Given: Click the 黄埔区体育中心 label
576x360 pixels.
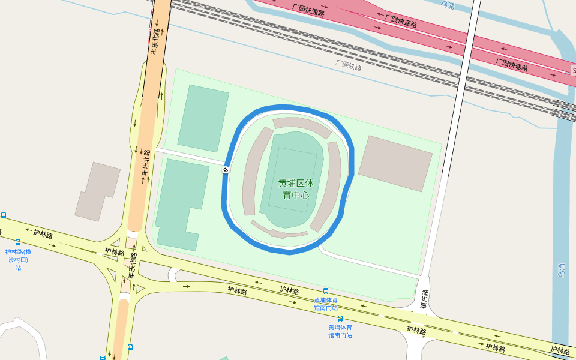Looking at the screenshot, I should (x=296, y=188).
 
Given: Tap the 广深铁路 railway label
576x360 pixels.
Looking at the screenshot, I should (x=349, y=65).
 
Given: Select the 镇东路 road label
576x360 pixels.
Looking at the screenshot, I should (x=425, y=299).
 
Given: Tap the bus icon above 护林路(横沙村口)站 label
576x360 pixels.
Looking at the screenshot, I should (x=18, y=242).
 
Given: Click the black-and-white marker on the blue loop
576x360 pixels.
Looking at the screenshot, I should (x=226, y=170).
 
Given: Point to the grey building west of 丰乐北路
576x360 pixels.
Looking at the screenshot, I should (x=97, y=191).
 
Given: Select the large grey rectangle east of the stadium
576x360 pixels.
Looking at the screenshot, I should (x=395, y=163).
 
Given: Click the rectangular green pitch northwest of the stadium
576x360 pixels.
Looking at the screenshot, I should (x=203, y=118).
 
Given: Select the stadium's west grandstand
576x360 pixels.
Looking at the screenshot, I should (x=255, y=171).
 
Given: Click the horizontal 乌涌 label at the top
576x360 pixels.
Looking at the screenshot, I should (x=448, y=5).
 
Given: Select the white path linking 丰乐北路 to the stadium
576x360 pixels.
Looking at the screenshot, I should (x=189, y=155).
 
